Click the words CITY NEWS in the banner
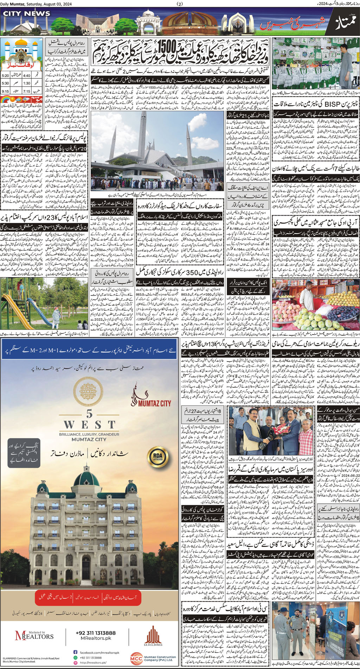coord(27,13)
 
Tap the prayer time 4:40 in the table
coord(27,76)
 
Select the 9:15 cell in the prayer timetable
coord(6,91)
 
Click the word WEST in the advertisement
coord(89,425)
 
